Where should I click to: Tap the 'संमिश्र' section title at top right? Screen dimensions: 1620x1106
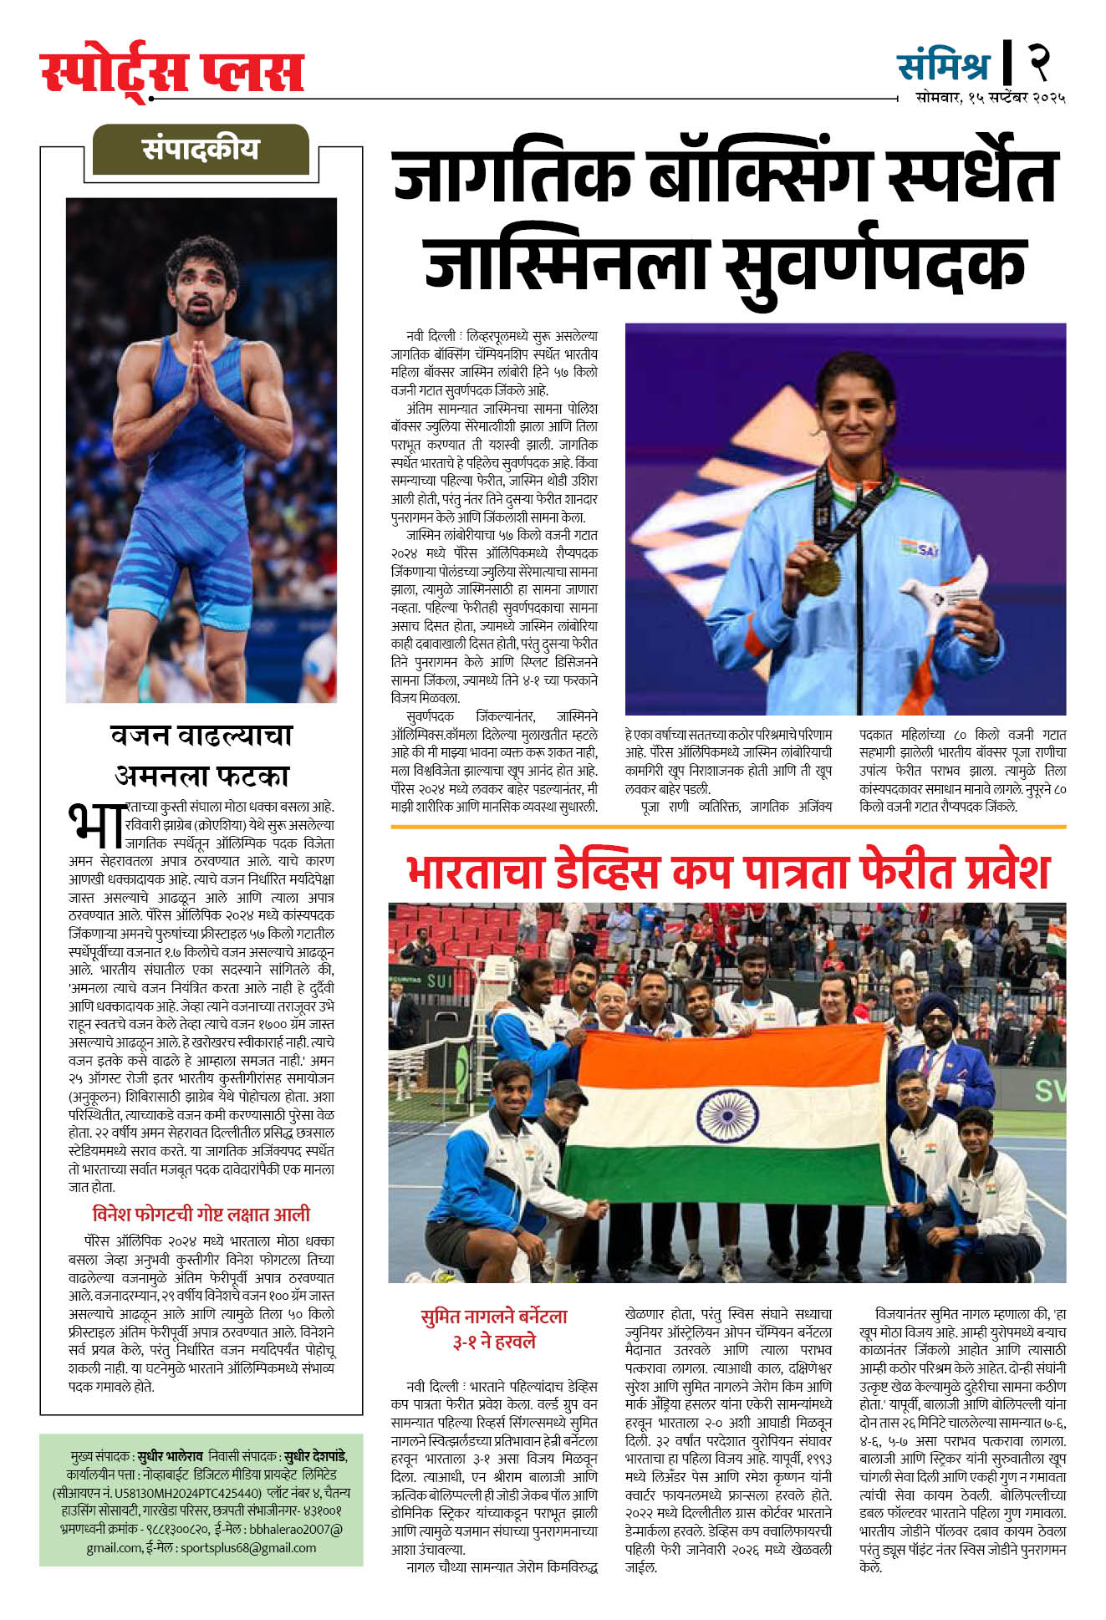[x=943, y=65]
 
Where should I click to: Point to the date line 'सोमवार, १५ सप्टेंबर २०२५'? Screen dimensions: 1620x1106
[x=990, y=98]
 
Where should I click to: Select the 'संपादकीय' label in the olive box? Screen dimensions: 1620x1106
[x=201, y=149]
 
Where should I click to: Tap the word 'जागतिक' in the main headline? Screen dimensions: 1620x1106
[x=512, y=176]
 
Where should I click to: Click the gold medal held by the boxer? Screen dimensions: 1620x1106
[x=821, y=575]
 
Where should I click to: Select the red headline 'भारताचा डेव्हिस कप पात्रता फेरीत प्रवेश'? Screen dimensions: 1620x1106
[x=727, y=872]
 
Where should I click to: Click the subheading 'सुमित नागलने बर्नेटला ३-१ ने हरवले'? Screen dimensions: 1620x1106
[x=494, y=1328]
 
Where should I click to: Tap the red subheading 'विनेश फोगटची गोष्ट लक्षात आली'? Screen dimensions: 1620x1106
[x=201, y=1214]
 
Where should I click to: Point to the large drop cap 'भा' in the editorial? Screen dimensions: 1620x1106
[x=94, y=824]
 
